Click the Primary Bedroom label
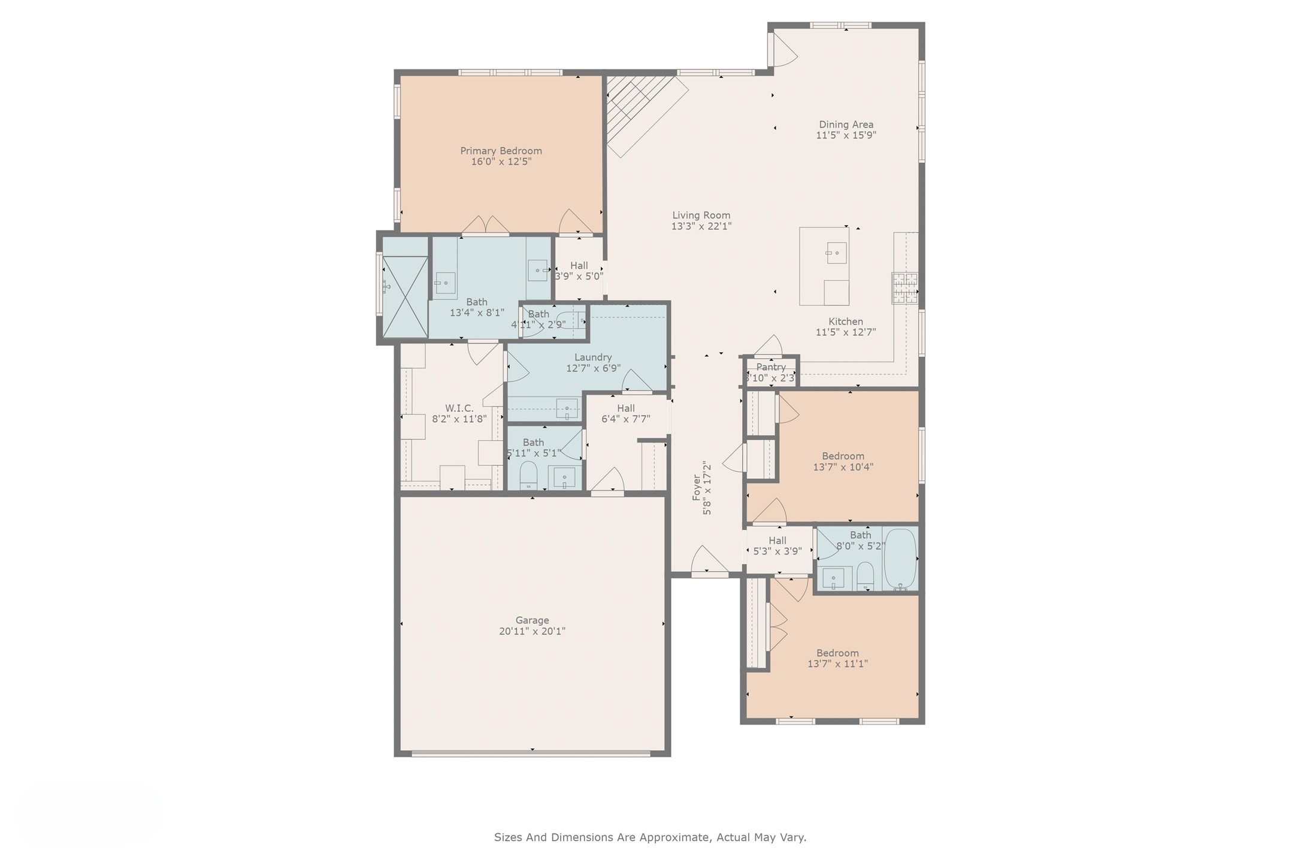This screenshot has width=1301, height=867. (501, 151)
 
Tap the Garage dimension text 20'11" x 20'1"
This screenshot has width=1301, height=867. (532, 631)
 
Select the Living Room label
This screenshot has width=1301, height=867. (701, 216)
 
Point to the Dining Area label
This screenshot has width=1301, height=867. (846, 125)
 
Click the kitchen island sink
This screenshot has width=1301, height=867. (836, 253)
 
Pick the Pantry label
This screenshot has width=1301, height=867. (771, 367)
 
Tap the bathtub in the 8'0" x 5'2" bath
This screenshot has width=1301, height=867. (900, 559)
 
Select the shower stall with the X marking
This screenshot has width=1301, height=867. (406, 296)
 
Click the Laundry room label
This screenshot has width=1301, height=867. (593, 357)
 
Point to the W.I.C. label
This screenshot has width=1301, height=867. (459, 408)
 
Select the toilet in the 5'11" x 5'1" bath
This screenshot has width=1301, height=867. (528, 475)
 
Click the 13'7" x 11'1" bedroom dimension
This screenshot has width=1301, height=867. (837, 663)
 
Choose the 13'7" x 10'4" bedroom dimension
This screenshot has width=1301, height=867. (843, 467)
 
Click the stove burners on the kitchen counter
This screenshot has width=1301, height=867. (904, 288)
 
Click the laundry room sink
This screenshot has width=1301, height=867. (567, 409)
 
